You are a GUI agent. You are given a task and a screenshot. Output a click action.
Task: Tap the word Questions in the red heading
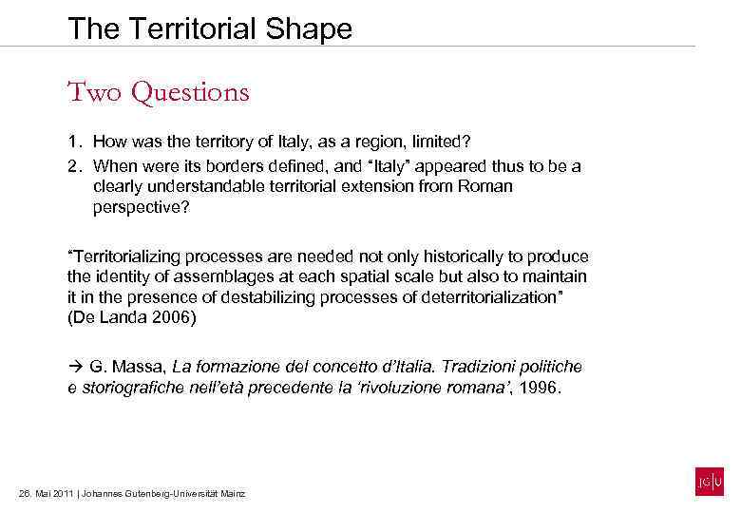(191, 92)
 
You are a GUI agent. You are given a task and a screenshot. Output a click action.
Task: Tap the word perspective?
(142, 206)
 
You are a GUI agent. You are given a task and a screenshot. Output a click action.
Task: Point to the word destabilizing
(254, 296)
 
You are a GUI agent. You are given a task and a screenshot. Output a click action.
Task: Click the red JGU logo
(709, 483)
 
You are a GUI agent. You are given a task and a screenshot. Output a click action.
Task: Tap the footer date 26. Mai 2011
(47, 494)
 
